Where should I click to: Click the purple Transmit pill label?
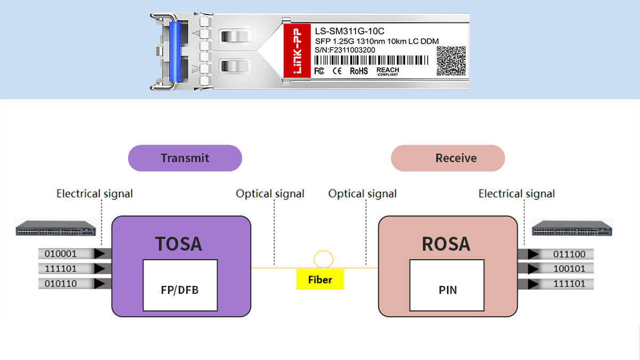point(185,158)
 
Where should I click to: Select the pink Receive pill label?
point(447,158)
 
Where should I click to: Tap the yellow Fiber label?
point(320,279)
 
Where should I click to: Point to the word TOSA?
point(179,243)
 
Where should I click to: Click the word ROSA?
point(446,243)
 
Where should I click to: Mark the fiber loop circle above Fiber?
point(323,259)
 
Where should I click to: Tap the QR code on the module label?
point(451,61)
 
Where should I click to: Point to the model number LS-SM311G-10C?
point(349,31)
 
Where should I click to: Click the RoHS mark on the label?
point(358,71)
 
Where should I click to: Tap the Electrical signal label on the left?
point(94,194)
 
